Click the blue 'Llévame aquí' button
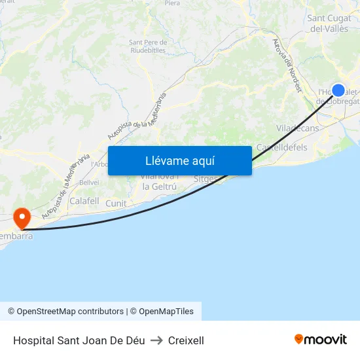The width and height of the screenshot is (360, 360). click(179, 160)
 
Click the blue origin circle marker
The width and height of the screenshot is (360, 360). click(338, 90)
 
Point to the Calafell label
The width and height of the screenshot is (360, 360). click(84, 202)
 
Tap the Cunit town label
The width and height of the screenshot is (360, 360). click(116, 204)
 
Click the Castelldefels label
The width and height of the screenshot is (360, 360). click(282, 147)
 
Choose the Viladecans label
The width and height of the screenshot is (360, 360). click(298, 128)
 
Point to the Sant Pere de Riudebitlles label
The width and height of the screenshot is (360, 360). click(147, 46)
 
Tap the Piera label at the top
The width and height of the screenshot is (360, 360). click(172, 3)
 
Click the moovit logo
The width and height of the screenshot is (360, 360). click(321, 339)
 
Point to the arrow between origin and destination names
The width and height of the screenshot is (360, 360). click(156, 340)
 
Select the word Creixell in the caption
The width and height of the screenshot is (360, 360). click(186, 340)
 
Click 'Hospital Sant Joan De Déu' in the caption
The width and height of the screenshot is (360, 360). click(79, 340)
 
